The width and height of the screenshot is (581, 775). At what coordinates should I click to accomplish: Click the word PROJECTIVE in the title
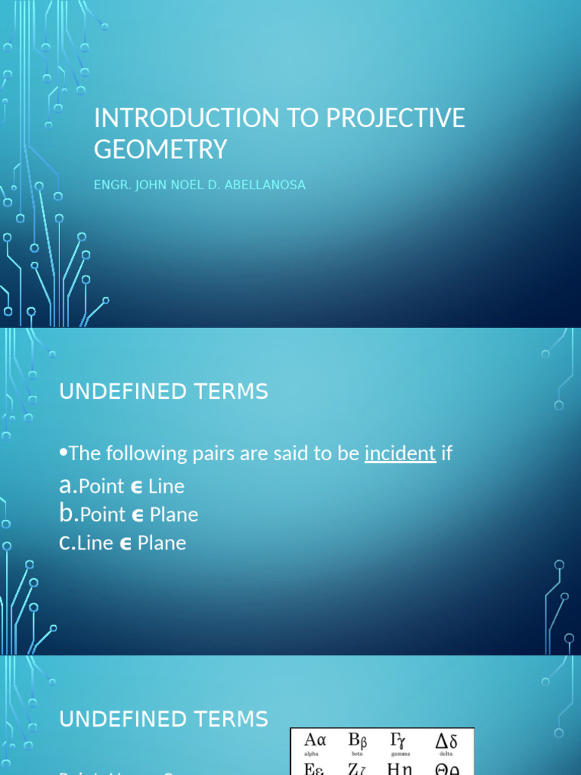coord(396,118)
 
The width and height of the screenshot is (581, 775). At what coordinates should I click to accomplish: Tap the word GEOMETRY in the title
coord(160,149)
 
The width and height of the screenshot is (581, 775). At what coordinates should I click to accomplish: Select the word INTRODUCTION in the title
coord(186,118)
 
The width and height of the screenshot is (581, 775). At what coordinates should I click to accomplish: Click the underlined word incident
coord(400,453)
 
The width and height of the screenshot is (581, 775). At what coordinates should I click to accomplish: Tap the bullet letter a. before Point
coord(67,485)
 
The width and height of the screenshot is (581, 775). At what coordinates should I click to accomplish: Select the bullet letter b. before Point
coord(68,514)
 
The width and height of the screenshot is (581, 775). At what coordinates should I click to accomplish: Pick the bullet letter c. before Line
coord(67,543)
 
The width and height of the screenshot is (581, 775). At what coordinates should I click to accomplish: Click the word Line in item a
coord(166,486)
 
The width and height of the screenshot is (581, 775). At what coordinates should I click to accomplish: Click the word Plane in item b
coord(174,515)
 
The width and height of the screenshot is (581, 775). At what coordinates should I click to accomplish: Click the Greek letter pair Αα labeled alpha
coord(315,740)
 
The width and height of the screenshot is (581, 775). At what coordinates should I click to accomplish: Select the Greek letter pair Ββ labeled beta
coord(357,740)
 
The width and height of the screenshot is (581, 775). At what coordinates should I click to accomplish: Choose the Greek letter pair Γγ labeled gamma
coord(398,740)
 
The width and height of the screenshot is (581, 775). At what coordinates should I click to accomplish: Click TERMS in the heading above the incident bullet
coord(231,392)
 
